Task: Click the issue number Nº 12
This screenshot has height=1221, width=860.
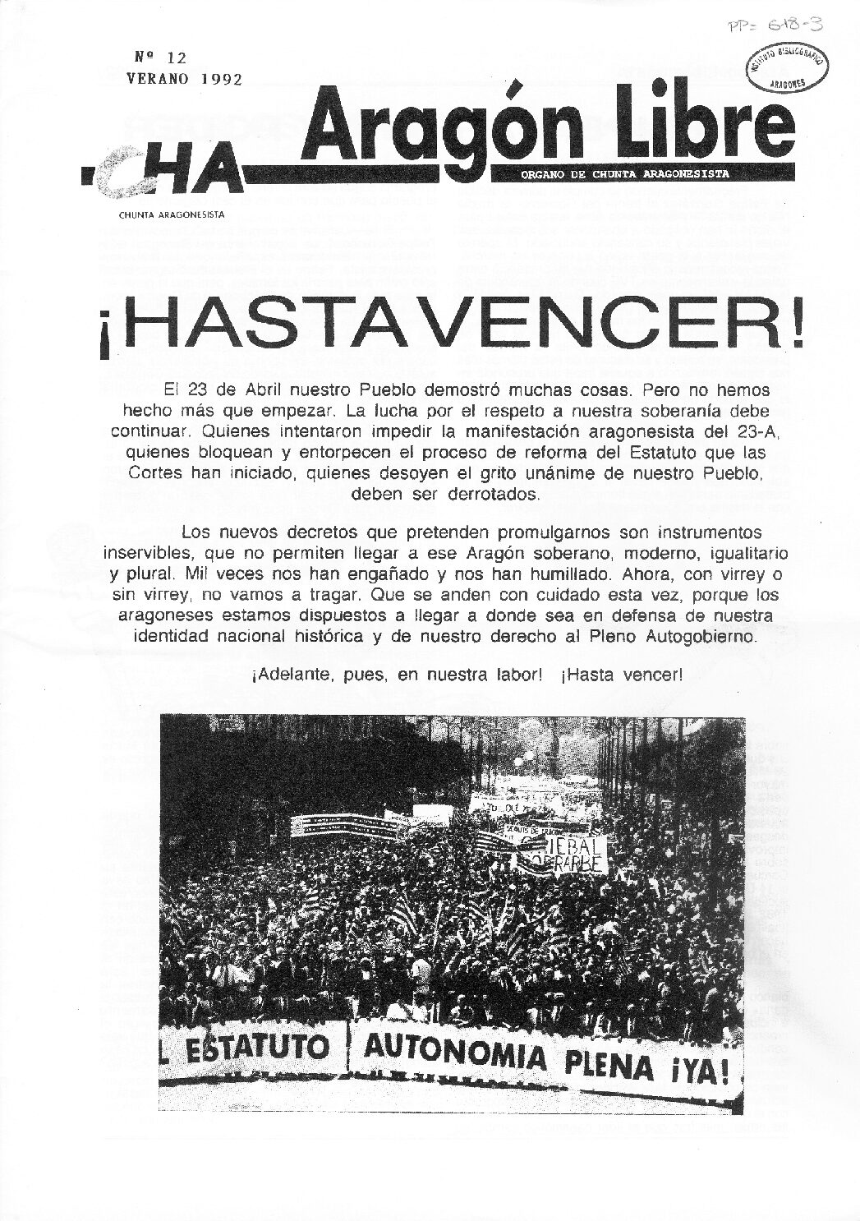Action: coord(160,58)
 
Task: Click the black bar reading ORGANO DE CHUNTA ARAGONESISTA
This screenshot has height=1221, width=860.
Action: coord(624,173)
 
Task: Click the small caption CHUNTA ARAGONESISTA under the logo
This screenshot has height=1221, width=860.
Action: coord(172,214)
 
